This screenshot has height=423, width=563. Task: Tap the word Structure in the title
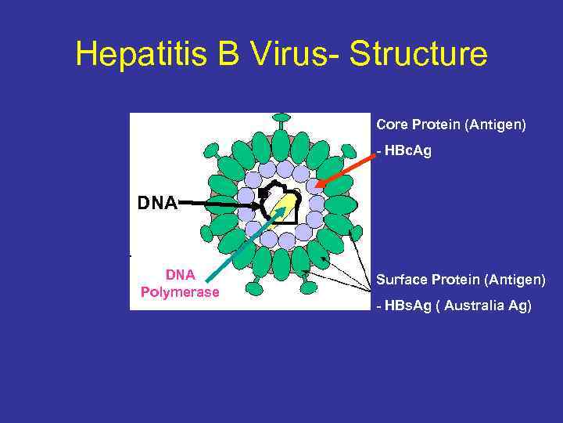[418, 54]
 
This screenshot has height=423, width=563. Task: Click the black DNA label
[157, 204]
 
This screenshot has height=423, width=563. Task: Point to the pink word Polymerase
[180, 292]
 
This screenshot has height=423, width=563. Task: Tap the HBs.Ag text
[407, 305]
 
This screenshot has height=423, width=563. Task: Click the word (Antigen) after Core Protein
[498, 125]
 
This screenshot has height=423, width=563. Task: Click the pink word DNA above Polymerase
[180, 275]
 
